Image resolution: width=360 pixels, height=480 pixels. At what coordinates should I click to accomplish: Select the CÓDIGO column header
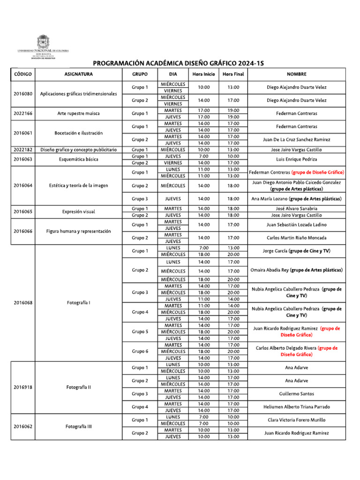pos(22,74)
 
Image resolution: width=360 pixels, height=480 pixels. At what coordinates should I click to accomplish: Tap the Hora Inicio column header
pos(203,74)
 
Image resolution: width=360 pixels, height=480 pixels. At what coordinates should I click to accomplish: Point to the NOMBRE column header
pos(296,74)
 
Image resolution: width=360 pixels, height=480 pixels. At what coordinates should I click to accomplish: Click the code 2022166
pos(22,113)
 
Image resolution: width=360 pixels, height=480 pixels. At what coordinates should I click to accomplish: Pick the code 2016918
pos(22,387)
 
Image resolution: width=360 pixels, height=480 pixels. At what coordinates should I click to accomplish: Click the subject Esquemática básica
pos(78,159)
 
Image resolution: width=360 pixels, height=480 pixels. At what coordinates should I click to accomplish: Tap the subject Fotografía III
pos(78,427)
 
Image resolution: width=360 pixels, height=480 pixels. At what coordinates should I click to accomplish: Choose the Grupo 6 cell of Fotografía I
pos(140,352)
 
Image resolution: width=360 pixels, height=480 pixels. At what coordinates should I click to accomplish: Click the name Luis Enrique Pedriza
pos(296,159)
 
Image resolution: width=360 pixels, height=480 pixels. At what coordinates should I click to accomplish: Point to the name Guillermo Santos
pos(296,394)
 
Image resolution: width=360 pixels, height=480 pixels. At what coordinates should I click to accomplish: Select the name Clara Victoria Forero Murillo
pos(296,420)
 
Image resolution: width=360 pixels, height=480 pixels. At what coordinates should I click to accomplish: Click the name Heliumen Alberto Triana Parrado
pos(296,407)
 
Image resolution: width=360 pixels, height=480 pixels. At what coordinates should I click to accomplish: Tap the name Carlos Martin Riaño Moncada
pos(296,238)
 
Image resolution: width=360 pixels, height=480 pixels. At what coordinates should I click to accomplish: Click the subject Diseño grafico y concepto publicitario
pos(78,150)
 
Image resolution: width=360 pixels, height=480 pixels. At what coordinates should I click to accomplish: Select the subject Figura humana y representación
pos(78,231)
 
